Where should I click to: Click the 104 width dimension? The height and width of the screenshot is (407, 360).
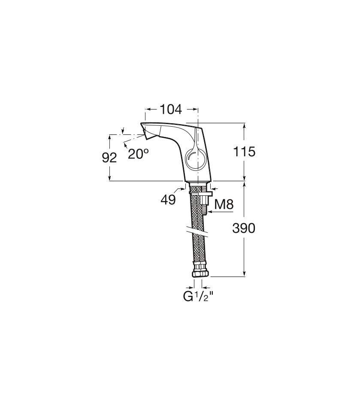pos(171,109)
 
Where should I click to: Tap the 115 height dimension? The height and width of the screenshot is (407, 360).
pos(244,152)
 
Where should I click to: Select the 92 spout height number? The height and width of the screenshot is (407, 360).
pos(109,158)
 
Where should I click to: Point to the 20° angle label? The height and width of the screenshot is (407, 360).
pos(138,154)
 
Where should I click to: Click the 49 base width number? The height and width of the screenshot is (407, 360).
pos(168,200)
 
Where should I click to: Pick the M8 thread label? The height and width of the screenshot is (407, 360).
pos(224,205)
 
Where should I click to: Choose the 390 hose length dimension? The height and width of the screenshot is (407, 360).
pos(244,228)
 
